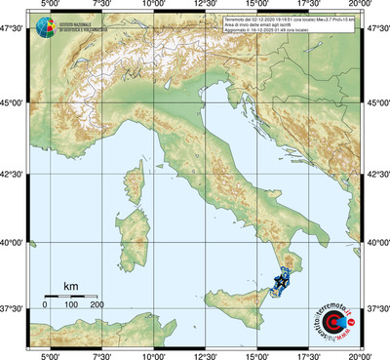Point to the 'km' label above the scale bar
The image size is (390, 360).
coord(70,285)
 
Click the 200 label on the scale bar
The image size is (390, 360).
coord(97,305)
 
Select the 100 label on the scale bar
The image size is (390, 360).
coord(70,305)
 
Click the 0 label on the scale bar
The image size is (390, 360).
coord(44,305)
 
